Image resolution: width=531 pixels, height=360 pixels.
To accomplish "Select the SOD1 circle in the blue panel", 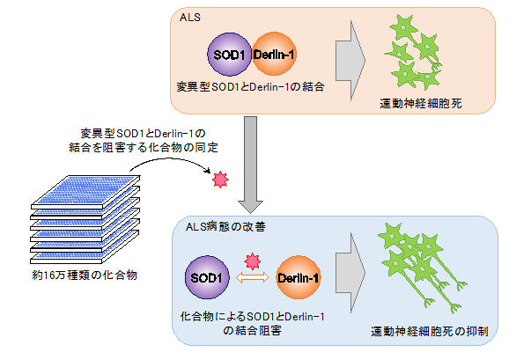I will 207,279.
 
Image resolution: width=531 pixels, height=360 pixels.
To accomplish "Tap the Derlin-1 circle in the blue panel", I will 299,279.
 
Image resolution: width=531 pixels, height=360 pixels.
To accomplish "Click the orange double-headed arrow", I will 252,280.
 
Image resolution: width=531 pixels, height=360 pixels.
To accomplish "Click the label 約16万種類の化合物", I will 84,276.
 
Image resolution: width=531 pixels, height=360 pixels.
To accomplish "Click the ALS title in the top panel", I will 188,18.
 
